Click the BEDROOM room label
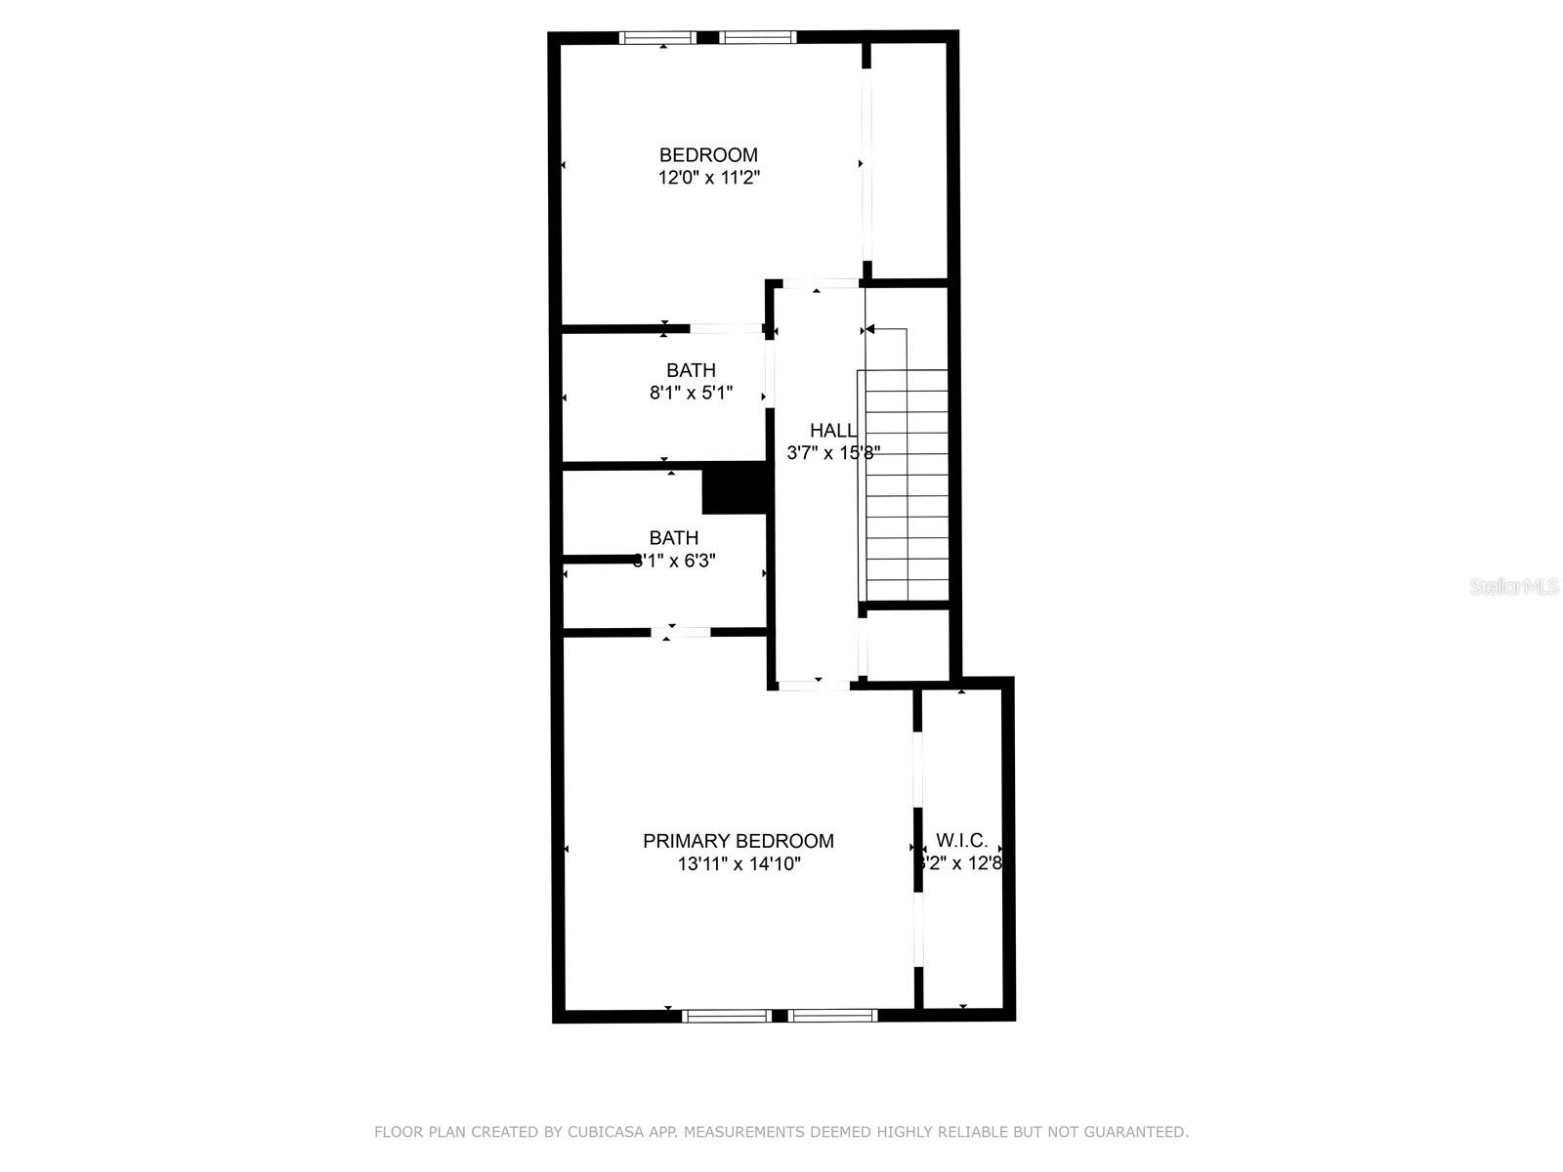point(708,155)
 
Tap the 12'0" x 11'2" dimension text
point(708,178)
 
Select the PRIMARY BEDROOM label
point(738,841)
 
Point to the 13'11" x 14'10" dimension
point(739,863)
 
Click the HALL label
point(832,430)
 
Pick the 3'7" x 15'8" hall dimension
point(833,452)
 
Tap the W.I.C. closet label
point(961,840)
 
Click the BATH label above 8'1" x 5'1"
point(691,370)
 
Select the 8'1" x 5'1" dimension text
point(691,393)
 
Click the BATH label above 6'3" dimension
point(674,538)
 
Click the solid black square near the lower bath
point(734,488)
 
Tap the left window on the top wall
point(657,38)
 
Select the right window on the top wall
point(758,38)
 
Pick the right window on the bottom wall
point(832,1016)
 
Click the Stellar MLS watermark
point(1514,587)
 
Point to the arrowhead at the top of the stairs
point(868,330)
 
